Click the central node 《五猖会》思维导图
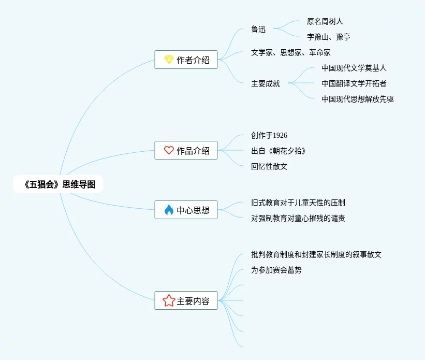pos(58,184)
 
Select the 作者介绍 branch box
pos(186,60)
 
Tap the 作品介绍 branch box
pos(186,150)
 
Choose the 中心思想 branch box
pos(186,210)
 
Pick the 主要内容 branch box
pos(186,300)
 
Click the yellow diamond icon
pos(169,60)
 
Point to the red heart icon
pos(169,150)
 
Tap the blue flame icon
pos(169,210)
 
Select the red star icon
pos(169,300)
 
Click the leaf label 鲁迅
pos(258,29)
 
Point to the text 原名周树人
pos(325,21)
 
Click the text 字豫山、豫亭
pos(328,37)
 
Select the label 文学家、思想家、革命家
pos(290,52)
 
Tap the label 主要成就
pos(266,83)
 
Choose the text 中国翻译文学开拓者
pos(354,83)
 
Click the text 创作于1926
pos(269,135)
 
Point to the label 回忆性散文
pos(269,166)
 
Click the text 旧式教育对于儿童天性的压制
pos(301,203)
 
